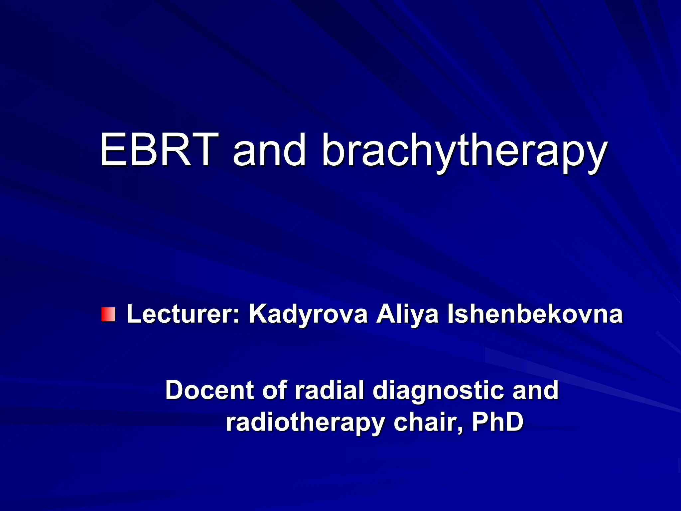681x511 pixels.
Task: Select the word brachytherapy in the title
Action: pyautogui.click(x=464, y=151)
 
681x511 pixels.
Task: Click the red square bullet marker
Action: pyautogui.click(x=108, y=314)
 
